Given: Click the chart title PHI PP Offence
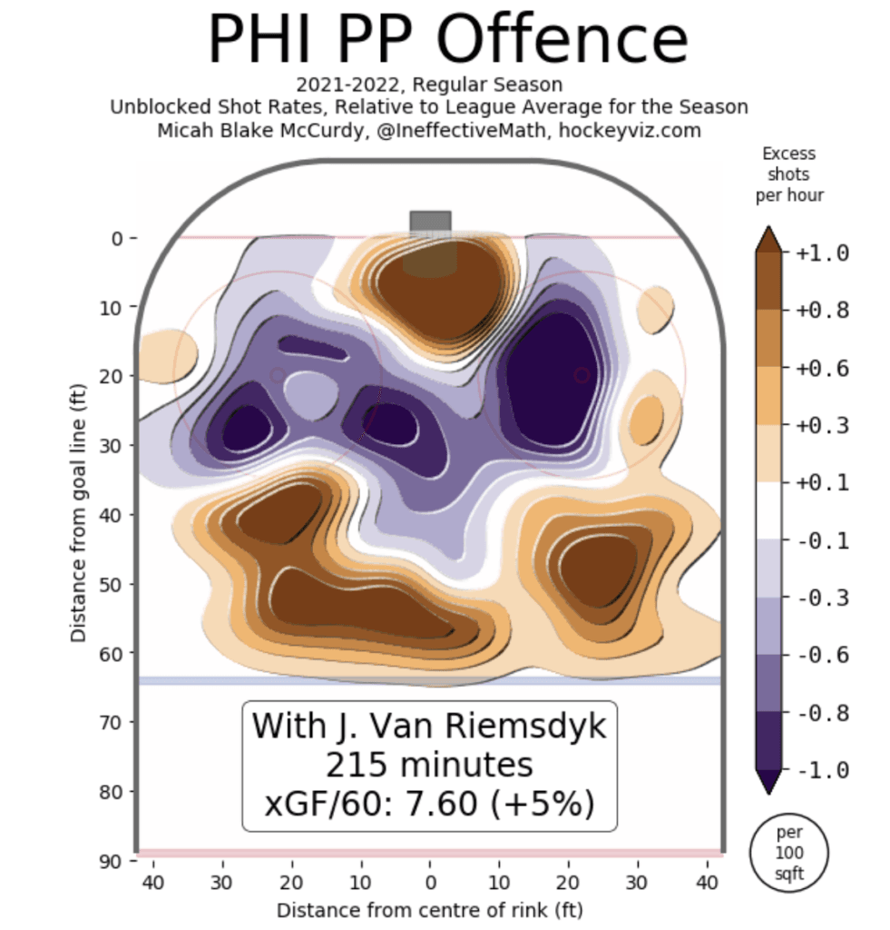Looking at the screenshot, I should [447, 38].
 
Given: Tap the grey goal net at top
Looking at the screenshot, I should [430, 222].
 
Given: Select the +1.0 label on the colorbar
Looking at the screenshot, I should [823, 253].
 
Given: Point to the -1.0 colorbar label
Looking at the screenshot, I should [823, 771].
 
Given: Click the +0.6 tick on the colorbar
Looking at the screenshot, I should [823, 368].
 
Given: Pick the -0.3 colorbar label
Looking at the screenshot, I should [823, 599].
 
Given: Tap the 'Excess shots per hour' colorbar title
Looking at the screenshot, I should [788, 174].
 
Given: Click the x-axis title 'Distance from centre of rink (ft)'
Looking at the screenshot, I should [429, 909].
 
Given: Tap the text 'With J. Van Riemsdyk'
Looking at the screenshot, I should [429, 727].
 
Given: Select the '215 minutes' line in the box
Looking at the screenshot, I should [429, 766].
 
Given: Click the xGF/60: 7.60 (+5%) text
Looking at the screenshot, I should [429, 804].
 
